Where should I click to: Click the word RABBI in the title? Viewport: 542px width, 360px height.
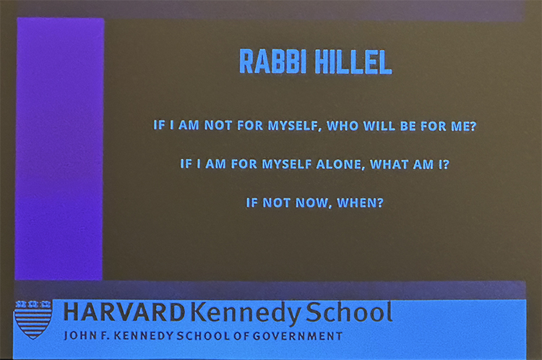click(x=273, y=61)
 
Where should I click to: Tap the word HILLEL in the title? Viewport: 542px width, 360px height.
click(x=353, y=62)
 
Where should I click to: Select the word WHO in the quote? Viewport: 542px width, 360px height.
click(x=342, y=126)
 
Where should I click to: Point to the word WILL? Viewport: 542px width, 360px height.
click(x=379, y=126)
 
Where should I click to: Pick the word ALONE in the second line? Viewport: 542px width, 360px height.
click(x=340, y=165)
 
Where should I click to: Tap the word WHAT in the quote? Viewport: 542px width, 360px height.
click(x=389, y=164)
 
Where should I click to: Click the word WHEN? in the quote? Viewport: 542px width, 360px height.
click(x=360, y=202)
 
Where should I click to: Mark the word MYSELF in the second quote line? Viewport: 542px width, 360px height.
click(x=287, y=164)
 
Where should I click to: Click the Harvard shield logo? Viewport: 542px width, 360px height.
click(x=33, y=320)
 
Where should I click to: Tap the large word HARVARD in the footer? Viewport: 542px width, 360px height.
click(x=124, y=312)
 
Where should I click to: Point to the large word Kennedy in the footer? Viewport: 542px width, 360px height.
click(x=246, y=313)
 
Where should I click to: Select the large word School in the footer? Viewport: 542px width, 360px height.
click(x=349, y=312)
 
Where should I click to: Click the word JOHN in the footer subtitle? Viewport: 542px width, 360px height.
click(x=79, y=336)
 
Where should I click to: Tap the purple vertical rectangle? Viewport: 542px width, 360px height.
click(x=59, y=149)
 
